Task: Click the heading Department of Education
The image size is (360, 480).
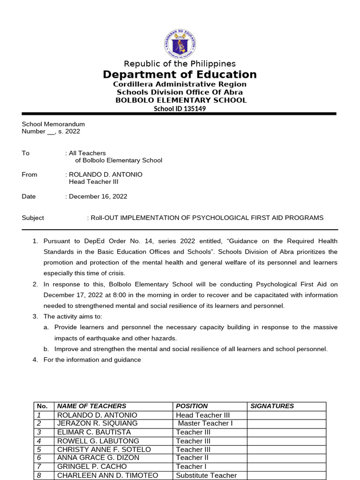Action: click(180, 75)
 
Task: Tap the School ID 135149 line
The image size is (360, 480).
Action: click(180, 109)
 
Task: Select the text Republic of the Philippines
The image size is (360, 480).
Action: click(180, 64)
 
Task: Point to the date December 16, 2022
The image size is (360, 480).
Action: click(98, 196)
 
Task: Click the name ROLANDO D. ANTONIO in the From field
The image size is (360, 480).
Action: click(105, 174)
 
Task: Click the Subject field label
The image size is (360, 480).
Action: click(33, 218)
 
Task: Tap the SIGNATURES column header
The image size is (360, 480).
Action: click(272, 406)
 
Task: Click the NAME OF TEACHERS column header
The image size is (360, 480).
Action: click(91, 406)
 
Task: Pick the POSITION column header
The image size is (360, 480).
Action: click(192, 406)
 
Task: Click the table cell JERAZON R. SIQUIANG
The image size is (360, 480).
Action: click(97, 424)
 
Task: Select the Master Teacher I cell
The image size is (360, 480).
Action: click(205, 424)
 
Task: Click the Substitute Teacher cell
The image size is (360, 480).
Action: click(206, 475)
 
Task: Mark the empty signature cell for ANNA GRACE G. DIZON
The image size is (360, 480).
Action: click(286, 458)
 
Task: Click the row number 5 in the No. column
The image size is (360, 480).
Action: click(39, 450)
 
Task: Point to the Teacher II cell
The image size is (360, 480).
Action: click(192, 458)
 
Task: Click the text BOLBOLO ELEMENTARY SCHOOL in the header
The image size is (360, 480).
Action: click(181, 100)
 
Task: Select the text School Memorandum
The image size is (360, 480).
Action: click(53, 124)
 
